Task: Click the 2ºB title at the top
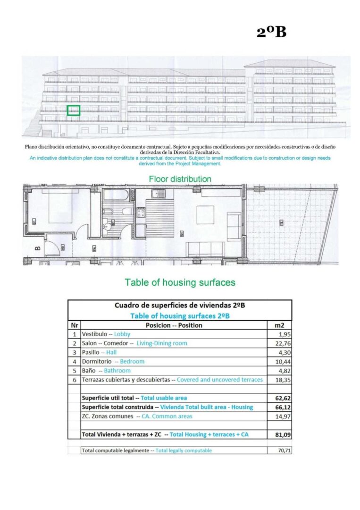tap(271, 32)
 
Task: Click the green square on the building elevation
tap(73, 110)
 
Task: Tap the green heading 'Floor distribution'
tap(180, 179)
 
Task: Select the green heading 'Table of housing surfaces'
tap(180, 282)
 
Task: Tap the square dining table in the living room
tap(205, 215)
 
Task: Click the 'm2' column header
tap(280, 325)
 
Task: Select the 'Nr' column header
tap(74, 325)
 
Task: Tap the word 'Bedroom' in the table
tap(132, 361)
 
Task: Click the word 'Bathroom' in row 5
tap(117, 371)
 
